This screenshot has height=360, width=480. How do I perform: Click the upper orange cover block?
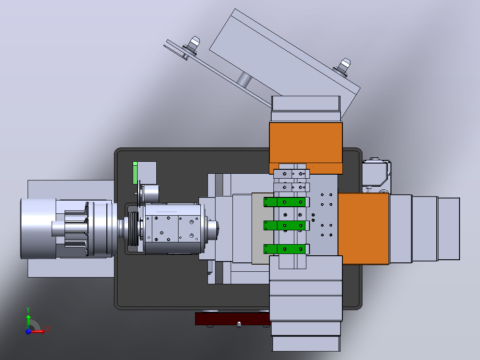coord(306,147)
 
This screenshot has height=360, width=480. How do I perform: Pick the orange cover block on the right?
coord(363,229)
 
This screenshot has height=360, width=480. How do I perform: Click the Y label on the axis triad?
coord(28,310)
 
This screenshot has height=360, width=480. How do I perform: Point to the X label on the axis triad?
coord(48,330)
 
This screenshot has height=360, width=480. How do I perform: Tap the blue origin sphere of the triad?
coord(28,331)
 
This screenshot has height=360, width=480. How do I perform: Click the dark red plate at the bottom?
coord(232,319)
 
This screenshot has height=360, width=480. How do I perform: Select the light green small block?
coord(135,173)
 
